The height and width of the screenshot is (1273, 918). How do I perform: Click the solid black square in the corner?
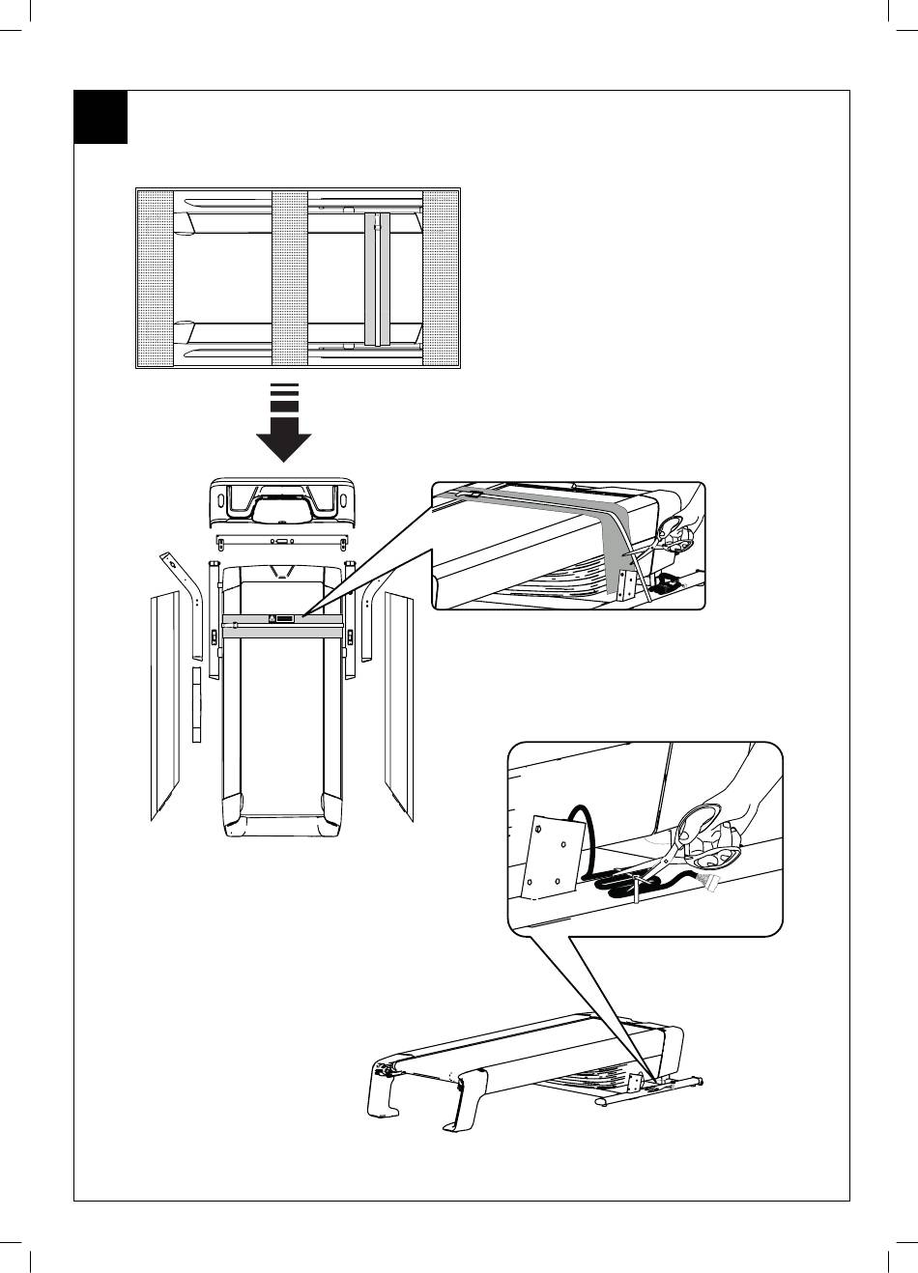point(100,118)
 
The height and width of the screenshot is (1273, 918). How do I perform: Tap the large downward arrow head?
point(283,447)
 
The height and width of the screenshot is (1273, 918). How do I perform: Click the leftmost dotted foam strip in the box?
point(155,278)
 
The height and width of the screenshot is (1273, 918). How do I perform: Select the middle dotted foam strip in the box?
point(290,278)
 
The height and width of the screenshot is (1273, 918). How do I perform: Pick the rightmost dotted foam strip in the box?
point(442,278)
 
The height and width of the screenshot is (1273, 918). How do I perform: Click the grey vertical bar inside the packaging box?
point(378,278)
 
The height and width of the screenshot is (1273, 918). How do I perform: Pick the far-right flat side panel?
point(399,705)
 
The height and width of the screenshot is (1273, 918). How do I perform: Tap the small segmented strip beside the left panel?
point(196,705)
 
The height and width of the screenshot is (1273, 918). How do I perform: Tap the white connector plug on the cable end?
point(713,882)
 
